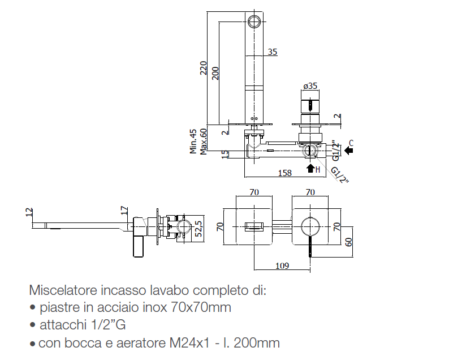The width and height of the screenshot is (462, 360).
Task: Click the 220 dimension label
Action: pos(204,68)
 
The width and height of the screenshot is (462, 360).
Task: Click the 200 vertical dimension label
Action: pos(215,73)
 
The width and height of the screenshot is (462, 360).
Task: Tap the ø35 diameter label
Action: pos(310,86)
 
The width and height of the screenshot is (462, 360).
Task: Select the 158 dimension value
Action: pos(286,173)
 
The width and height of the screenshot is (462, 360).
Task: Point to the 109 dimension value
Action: pos(282,265)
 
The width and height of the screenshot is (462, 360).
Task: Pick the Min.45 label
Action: pos(193,142)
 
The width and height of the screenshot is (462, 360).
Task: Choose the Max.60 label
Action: pos(203,142)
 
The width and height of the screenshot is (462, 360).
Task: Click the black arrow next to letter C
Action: pos(348,151)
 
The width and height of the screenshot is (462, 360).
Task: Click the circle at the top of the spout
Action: pos(254,22)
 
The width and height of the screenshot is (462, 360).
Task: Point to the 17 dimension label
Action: pos(124,211)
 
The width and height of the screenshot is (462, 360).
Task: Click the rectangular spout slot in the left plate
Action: pos(254,228)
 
